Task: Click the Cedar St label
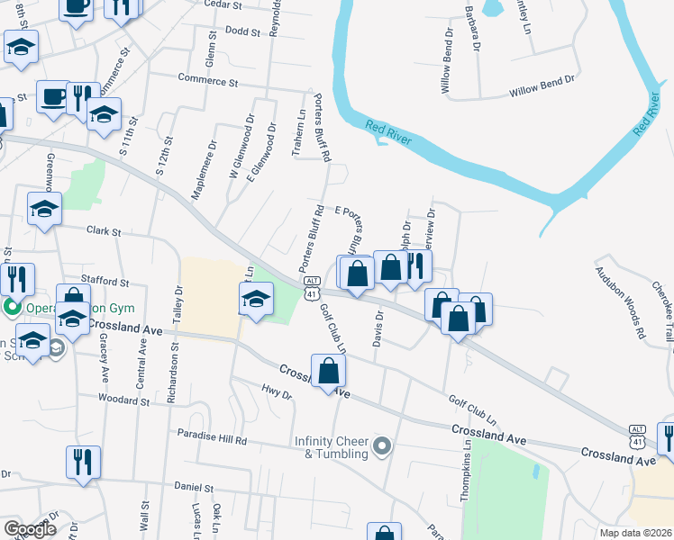click(223, 5)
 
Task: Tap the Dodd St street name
click(242, 31)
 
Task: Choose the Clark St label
click(104, 231)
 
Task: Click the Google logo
click(30, 529)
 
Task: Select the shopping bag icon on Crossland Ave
click(330, 370)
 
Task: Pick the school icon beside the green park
click(257, 299)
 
